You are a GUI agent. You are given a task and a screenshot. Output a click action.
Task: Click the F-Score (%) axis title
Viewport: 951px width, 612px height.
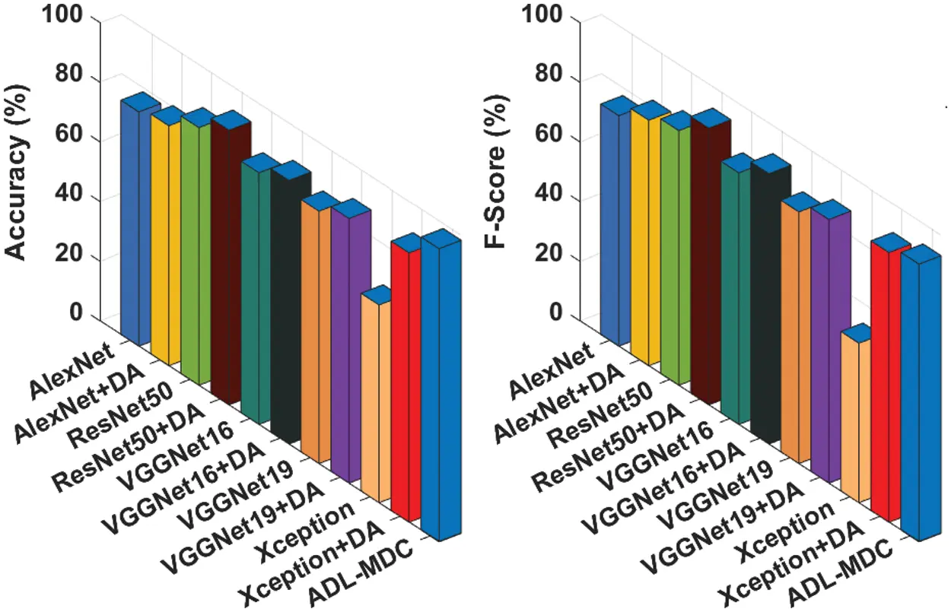497,174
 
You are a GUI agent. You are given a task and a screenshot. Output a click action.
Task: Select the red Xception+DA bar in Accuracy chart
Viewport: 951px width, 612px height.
406,380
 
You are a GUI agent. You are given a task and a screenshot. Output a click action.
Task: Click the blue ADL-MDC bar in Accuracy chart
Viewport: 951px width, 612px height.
440,388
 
